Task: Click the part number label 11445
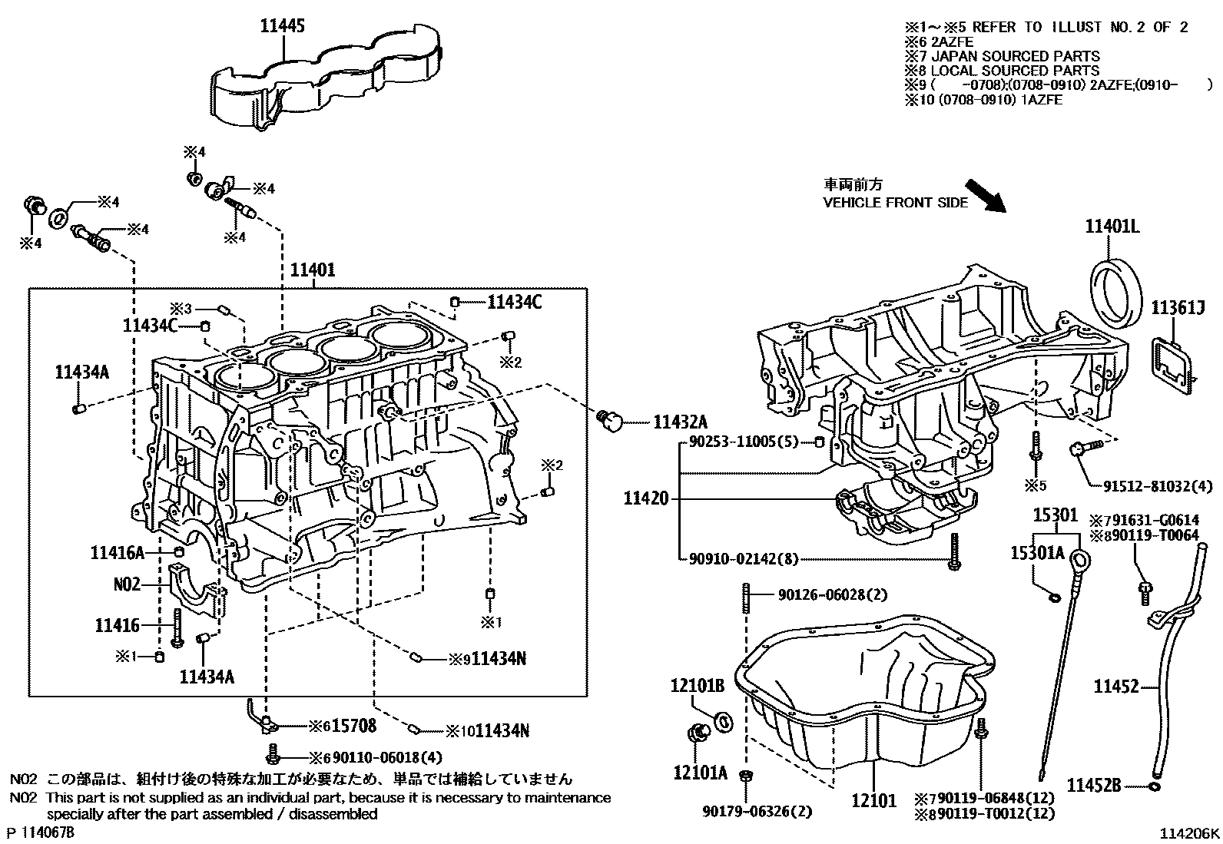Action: click(x=282, y=26)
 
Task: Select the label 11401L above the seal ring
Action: click(x=1112, y=226)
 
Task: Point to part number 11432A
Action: click(x=680, y=422)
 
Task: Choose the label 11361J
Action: click(x=1177, y=308)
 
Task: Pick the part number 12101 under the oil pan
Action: click(x=873, y=801)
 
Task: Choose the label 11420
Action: click(x=645, y=498)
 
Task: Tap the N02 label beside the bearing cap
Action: click(x=127, y=584)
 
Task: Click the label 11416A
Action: click(x=118, y=552)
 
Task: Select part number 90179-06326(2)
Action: click(x=757, y=811)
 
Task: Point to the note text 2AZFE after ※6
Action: click(x=953, y=42)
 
